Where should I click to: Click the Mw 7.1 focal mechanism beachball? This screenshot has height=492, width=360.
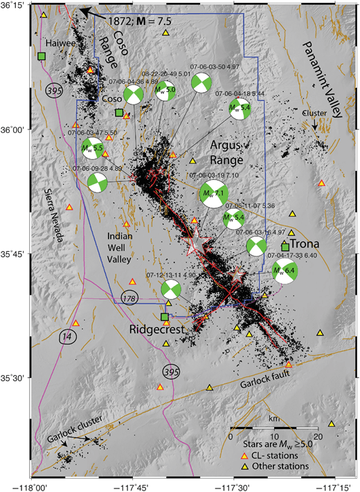213,196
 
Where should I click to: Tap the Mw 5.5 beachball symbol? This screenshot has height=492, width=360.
92,147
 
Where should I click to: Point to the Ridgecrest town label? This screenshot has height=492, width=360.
156,330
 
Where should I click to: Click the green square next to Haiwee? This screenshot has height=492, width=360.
42,56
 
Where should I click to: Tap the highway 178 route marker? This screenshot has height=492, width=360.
127,298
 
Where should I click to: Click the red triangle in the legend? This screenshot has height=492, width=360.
234,455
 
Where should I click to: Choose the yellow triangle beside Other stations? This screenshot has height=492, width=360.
234,467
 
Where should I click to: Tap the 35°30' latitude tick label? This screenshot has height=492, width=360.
14,378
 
